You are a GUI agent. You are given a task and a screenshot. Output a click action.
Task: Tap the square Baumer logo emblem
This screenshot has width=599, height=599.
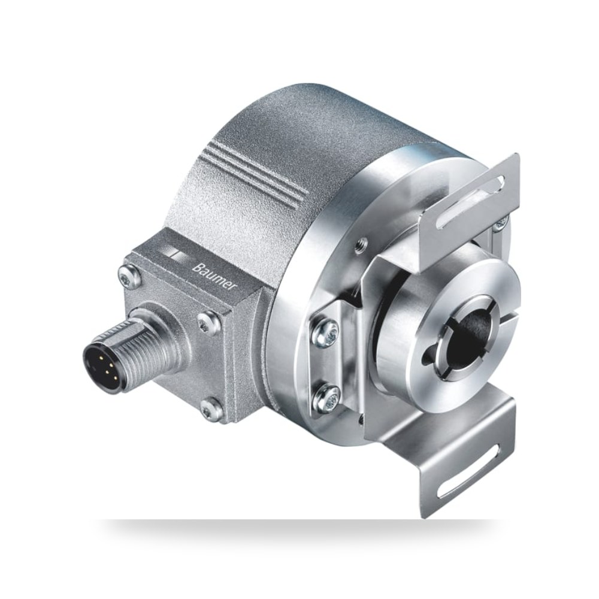(177, 255)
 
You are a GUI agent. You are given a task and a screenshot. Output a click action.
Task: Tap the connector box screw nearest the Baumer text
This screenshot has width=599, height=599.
(208, 322)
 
